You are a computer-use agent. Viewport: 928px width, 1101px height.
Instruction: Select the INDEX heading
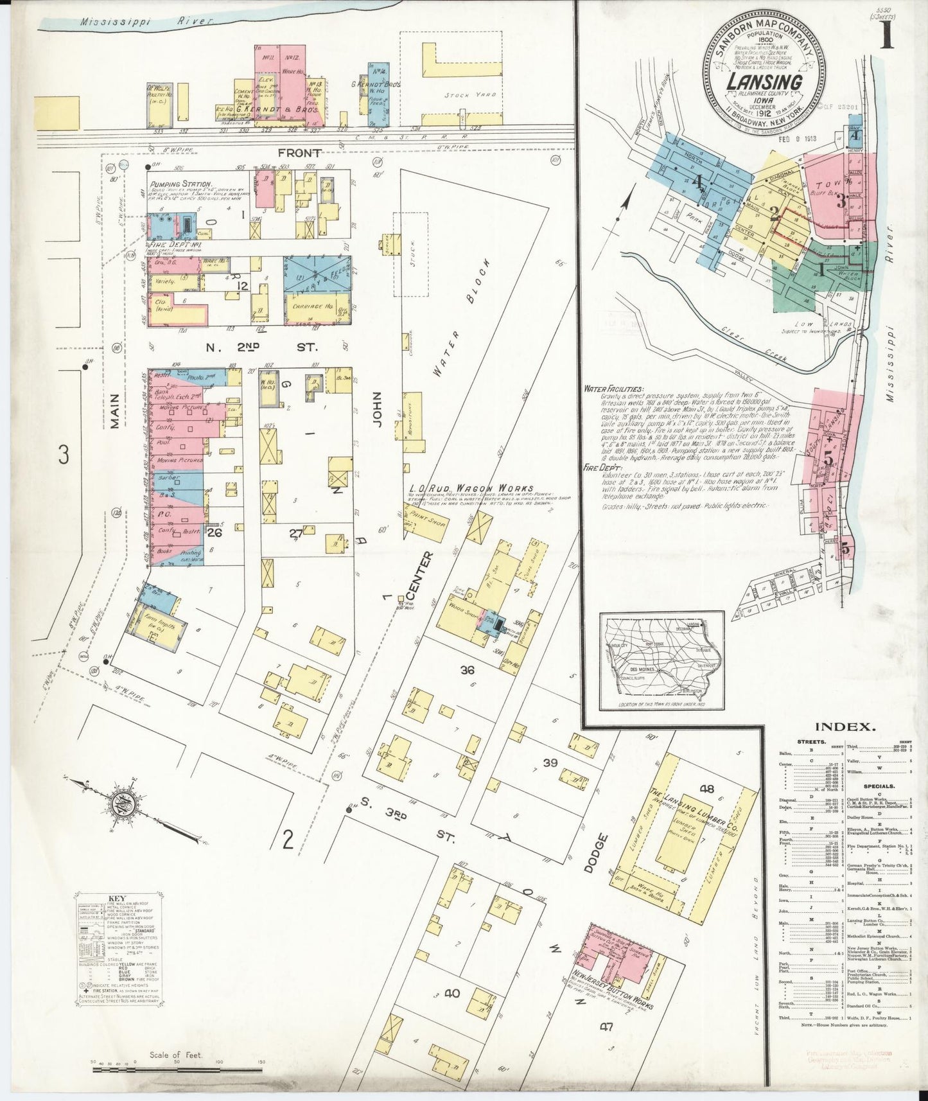(x=845, y=727)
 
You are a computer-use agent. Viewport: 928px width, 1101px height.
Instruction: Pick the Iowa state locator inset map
(x=661, y=661)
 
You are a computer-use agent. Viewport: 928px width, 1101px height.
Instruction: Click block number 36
(x=467, y=669)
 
